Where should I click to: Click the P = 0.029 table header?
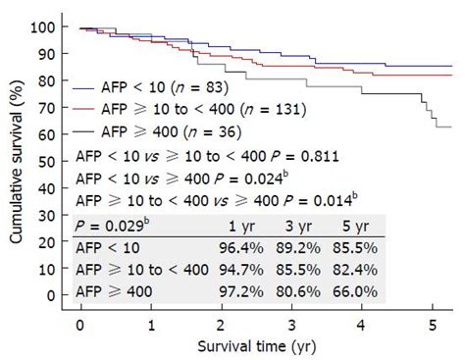pos(107,226)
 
